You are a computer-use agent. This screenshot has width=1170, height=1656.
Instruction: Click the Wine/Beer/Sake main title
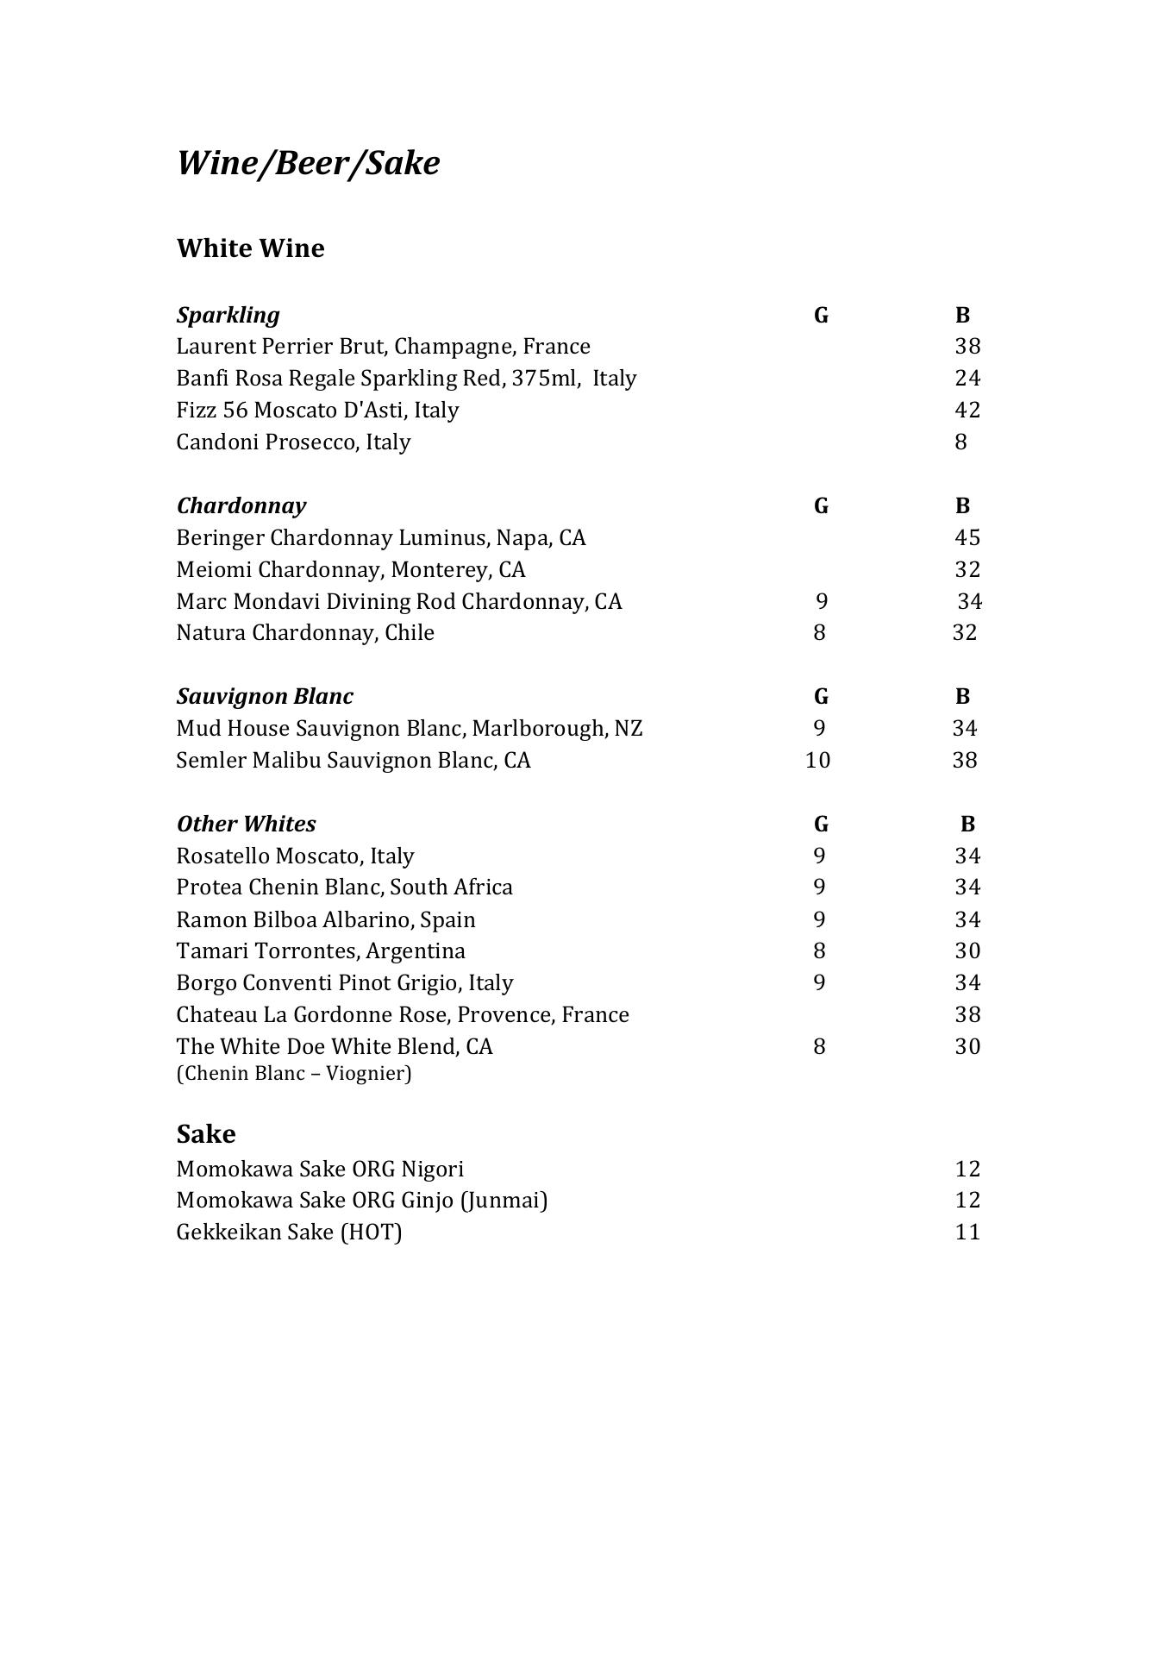(x=308, y=163)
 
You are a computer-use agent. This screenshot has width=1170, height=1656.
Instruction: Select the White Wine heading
(x=250, y=248)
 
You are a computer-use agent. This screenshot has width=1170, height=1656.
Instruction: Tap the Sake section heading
(x=205, y=1133)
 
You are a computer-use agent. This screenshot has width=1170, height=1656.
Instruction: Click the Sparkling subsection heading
(x=228, y=315)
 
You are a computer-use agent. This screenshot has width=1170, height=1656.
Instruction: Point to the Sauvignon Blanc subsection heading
(x=265, y=696)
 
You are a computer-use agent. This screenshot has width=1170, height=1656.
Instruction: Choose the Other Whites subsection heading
(x=246, y=824)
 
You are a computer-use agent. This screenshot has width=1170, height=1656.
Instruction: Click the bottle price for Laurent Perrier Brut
(x=967, y=347)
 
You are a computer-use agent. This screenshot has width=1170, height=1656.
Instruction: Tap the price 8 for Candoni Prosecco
(x=960, y=442)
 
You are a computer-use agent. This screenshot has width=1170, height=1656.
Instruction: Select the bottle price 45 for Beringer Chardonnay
(x=967, y=537)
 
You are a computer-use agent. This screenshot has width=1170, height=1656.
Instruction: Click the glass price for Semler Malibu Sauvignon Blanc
(x=817, y=760)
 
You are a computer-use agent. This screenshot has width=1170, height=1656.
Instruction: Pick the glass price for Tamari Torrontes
(x=819, y=950)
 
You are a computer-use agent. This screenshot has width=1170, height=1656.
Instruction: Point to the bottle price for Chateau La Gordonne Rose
(x=967, y=1014)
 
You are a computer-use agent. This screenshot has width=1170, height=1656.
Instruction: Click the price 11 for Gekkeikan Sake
(x=967, y=1232)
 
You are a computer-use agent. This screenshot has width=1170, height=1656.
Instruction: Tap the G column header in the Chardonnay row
(x=821, y=505)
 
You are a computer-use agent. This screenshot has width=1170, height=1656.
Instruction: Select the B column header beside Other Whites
(x=967, y=824)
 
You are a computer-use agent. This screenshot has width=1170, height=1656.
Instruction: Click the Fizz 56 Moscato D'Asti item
(x=317, y=410)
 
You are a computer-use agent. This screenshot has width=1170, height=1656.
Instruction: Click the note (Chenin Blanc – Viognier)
(x=294, y=1073)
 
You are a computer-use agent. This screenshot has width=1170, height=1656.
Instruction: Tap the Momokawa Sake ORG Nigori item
(x=320, y=1169)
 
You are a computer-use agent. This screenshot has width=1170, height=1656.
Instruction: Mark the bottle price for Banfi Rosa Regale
(x=967, y=378)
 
